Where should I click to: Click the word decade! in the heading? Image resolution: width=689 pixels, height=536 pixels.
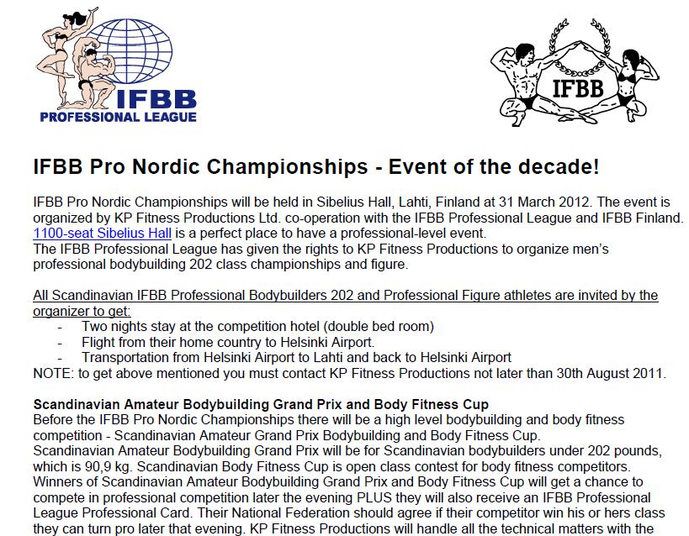[562, 166]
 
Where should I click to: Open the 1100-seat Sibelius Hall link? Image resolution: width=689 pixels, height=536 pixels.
[88, 233]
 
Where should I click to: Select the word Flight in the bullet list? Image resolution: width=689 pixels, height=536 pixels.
[100, 342]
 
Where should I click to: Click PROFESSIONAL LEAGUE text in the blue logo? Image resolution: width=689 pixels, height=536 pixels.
[118, 117]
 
